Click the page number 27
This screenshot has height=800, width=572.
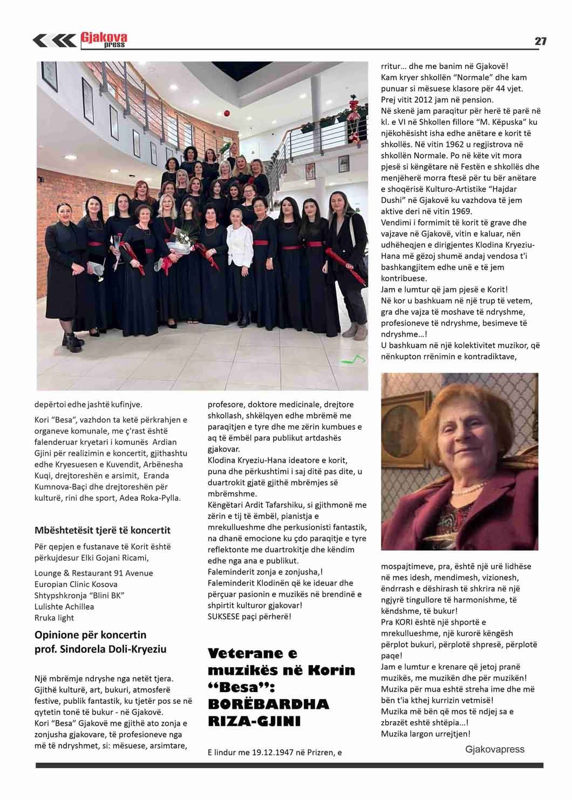(x=540, y=41)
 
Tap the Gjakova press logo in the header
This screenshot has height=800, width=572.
(x=104, y=40)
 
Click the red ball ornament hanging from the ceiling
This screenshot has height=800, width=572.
(x=227, y=113)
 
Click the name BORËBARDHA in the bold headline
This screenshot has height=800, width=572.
(x=268, y=704)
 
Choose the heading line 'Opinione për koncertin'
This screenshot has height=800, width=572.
(x=90, y=634)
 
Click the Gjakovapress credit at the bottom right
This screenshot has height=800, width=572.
(x=495, y=749)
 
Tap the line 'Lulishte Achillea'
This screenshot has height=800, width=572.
(x=64, y=606)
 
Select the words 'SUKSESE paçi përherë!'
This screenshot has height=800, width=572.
(x=249, y=616)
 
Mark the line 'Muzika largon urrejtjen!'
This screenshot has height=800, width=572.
(x=425, y=734)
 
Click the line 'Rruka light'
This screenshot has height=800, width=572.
(x=54, y=618)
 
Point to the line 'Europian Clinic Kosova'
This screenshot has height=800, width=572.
(x=76, y=584)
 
